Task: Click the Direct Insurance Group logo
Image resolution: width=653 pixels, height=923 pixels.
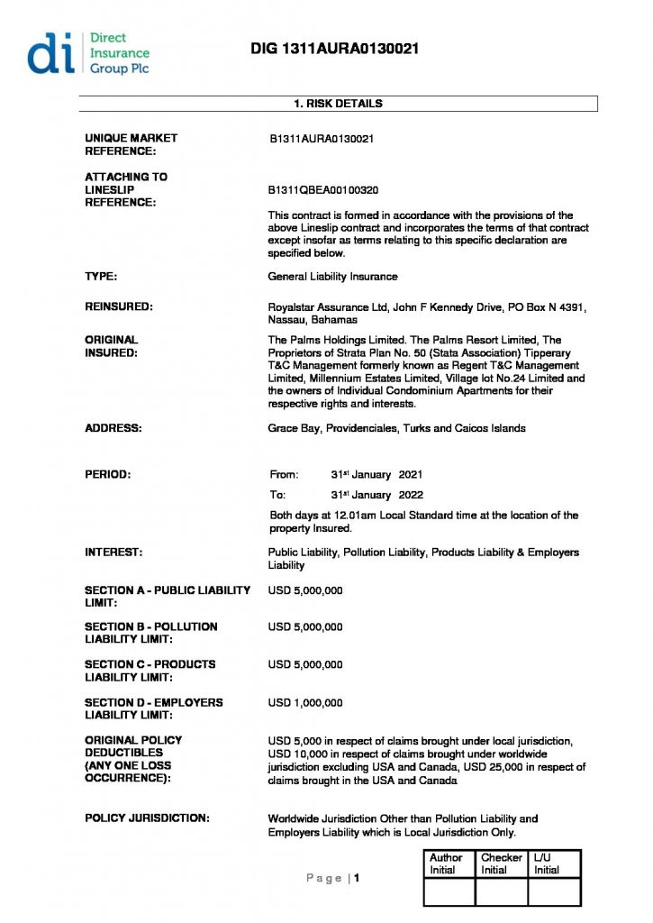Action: [88, 53]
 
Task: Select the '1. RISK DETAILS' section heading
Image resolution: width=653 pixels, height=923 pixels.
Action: [338, 104]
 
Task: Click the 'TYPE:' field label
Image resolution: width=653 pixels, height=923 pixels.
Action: [101, 277]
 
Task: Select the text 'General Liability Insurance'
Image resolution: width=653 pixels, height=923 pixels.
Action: [332, 277]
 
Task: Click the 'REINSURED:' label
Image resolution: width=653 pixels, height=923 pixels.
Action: [119, 307]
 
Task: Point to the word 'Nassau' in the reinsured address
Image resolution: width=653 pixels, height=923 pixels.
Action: [286, 320]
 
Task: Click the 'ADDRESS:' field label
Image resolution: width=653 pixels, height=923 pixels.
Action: [113, 428]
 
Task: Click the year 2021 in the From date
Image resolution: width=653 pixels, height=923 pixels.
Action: [410, 474]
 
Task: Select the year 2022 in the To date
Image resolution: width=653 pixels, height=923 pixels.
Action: [410, 495]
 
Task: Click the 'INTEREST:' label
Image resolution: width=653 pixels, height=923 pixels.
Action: [114, 552]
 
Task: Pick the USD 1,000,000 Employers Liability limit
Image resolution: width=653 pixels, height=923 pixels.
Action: [305, 702]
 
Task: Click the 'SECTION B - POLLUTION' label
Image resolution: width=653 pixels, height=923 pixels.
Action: [151, 626]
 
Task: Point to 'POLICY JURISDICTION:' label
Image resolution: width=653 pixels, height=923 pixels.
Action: [148, 818]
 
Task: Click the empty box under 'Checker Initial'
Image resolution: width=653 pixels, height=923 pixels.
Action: [501, 891]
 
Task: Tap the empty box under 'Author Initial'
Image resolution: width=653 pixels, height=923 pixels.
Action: [449, 891]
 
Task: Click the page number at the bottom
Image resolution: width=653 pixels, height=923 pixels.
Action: [357, 878]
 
